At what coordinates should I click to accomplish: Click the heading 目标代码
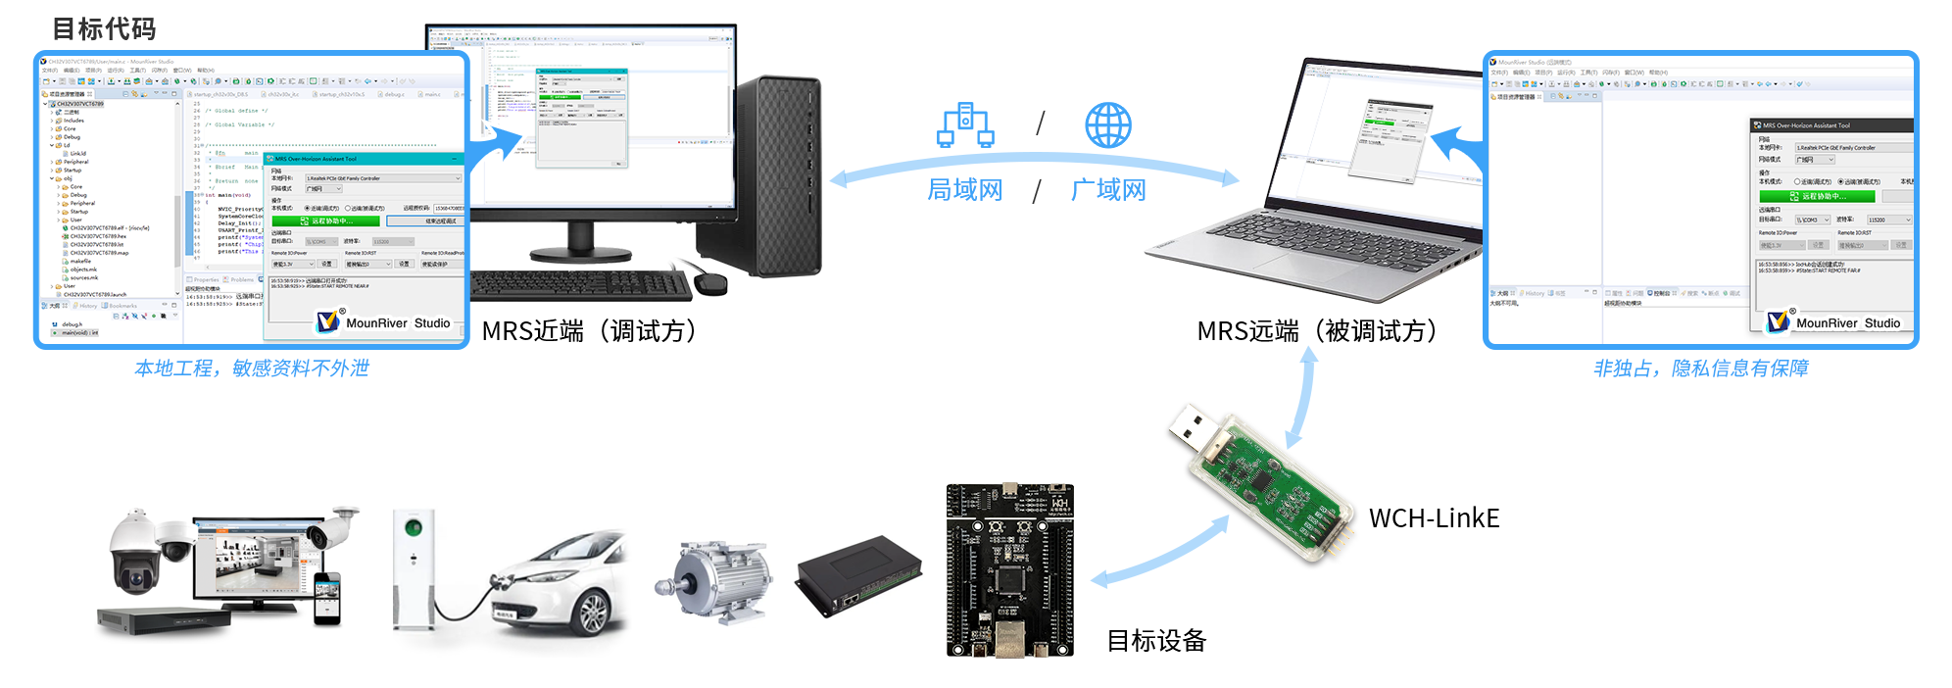pos(104,29)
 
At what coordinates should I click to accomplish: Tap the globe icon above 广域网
pos(1107,125)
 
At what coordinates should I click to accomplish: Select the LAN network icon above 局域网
pos(965,125)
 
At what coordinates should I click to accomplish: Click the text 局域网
pos(965,189)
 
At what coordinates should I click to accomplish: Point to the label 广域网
pos(1108,189)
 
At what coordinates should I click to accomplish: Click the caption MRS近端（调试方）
pos(590,331)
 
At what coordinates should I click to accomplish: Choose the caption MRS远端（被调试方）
pos(1317,331)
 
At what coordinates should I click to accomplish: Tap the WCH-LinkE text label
pos(1434,518)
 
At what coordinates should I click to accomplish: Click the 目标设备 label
pos(1156,641)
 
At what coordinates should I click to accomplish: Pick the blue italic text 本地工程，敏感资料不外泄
pos(252,369)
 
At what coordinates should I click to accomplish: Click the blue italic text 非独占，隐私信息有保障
pos(1701,369)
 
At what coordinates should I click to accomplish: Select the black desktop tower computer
pos(778,176)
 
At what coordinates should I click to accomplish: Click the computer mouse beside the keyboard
pos(710,284)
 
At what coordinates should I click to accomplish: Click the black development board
pos(1010,570)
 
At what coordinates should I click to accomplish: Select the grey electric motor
pos(715,580)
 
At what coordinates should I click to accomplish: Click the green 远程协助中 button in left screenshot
pos(326,221)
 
